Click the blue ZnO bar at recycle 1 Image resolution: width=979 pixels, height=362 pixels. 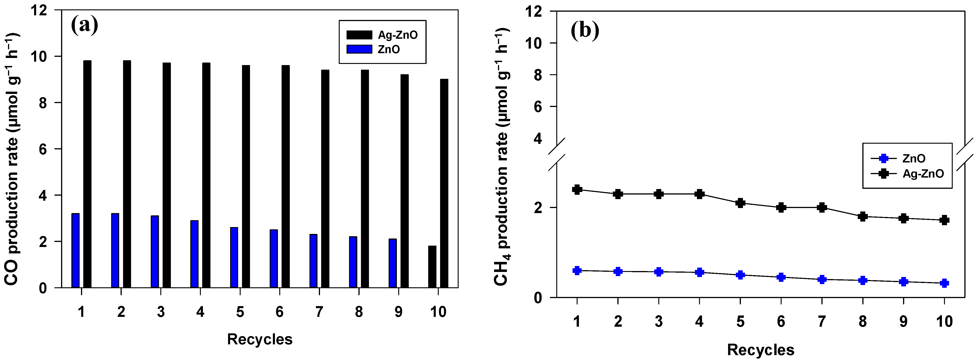pyautogui.click(x=76, y=250)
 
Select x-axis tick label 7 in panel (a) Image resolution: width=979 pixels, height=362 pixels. pyautogui.click(x=319, y=312)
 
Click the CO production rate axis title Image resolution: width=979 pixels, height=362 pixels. pyautogui.click(x=12, y=160)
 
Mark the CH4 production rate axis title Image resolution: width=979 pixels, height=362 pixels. pyautogui.click(x=501, y=156)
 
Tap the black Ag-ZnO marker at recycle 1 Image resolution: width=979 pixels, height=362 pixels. pyautogui.click(x=577, y=189)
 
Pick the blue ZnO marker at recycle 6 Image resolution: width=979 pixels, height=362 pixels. pyautogui.click(x=781, y=277)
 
